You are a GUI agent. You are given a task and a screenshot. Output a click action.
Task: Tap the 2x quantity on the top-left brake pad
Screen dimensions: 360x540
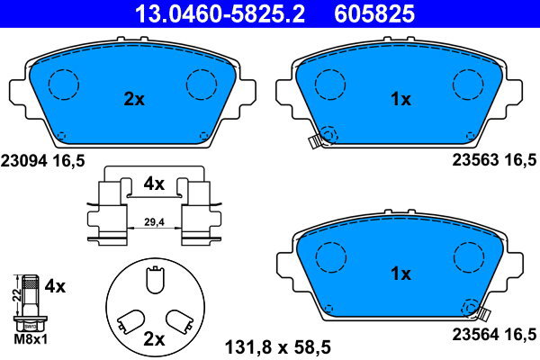(133, 100)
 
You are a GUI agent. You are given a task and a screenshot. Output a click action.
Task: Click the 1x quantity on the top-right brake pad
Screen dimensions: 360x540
(400, 100)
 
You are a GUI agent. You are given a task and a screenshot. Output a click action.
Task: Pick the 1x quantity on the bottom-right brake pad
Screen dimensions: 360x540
(400, 273)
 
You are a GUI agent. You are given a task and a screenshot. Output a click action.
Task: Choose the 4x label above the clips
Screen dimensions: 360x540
(154, 184)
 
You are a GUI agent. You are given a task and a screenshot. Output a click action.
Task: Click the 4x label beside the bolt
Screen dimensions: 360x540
(56, 287)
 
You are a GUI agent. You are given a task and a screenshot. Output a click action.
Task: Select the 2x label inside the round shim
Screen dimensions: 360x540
(154, 339)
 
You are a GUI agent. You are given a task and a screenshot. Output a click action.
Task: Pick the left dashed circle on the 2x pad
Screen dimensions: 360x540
(64, 85)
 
